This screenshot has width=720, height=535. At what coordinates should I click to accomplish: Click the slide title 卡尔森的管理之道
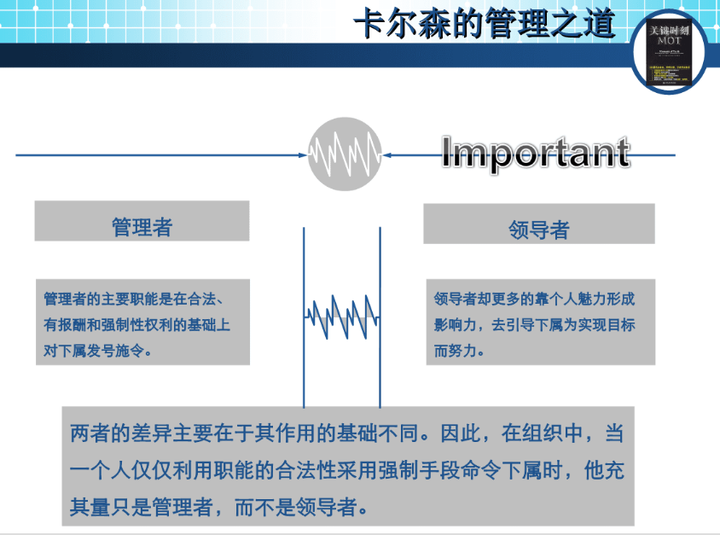pyautogui.click(x=484, y=25)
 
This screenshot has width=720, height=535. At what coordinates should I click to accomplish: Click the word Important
pyautogui.click(x=535, y=153)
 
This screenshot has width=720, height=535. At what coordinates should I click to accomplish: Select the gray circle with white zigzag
pyautogui.click(x=345, y=154)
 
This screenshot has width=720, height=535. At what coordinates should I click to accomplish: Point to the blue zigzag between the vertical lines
pyautogui.click(x=342, y=317)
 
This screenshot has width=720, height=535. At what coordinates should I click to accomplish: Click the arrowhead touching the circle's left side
pyautogui.click(x=303, y=155)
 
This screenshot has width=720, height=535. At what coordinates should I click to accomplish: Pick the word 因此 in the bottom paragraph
pyautogui.click(x=461, y=433)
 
